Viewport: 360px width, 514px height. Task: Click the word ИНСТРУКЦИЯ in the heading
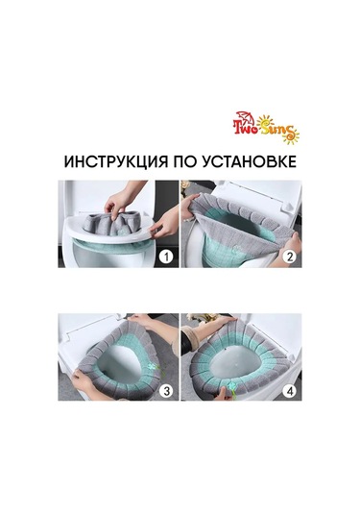point(115,162)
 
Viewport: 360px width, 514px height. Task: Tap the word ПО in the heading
point(184,162)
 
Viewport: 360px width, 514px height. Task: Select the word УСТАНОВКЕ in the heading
point(249,162)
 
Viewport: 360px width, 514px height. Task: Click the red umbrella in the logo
point(246,118)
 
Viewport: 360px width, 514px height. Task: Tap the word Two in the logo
point(245,129)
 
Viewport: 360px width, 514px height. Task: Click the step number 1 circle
point(166,257)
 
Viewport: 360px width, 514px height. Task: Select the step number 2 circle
point(289,257)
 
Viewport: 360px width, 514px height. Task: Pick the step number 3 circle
point(166,390)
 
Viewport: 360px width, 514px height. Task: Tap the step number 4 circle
point(289,390)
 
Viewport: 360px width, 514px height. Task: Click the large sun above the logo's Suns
point(265,123)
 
